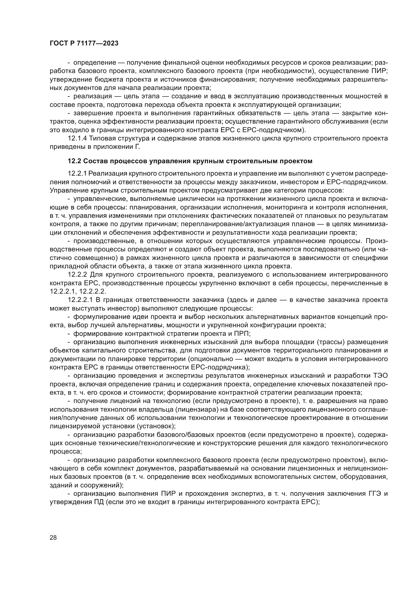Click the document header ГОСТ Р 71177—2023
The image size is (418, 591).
click(x=84, y=43)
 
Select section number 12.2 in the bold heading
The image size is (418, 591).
click(x=74, y=161)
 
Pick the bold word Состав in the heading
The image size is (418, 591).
click(x=95, y=161)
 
